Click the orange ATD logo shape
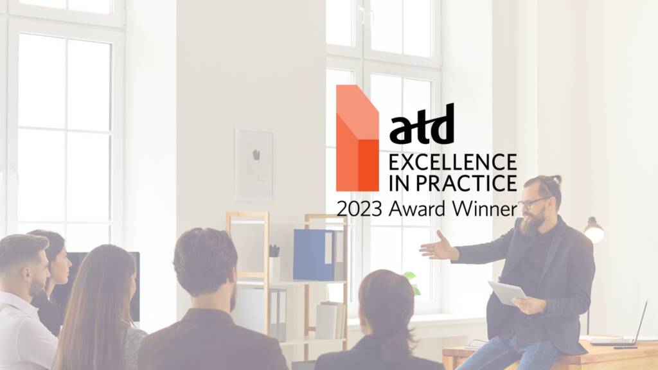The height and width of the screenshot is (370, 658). [357, 138]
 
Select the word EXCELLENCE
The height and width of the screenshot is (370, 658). [453, 163]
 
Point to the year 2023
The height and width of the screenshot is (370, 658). [359, 209]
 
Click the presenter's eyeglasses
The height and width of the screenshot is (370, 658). [533, 203]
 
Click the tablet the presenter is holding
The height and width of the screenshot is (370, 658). [507, 292]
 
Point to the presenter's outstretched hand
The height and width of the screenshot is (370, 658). [437, 248]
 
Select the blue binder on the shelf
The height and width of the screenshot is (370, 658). [314, 254]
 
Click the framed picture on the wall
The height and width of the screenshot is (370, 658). [254, 164]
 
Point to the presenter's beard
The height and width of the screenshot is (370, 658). [532, 223]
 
